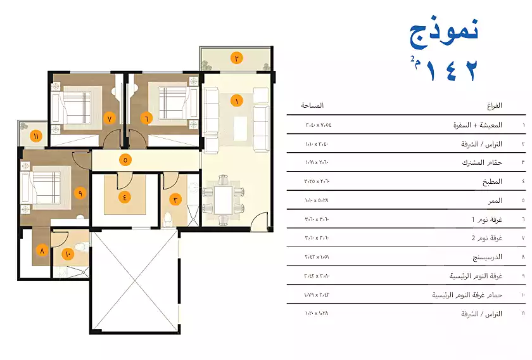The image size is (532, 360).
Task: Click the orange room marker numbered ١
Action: (237, 101)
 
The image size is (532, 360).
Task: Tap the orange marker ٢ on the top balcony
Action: (236, 58)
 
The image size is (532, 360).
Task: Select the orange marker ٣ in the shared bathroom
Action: (176, 199)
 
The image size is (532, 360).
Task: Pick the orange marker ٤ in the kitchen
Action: (125, 196)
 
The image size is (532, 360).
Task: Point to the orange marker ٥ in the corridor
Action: (125, 160)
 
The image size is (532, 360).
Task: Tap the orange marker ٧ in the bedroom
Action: (109, 119)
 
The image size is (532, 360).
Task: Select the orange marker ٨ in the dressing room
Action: (42, 250)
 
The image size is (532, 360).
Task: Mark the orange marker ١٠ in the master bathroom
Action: (68, 254)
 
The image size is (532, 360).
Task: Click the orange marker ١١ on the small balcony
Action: (36, 136)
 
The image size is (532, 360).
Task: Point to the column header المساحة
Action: (312, 105)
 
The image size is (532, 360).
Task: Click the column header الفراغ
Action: (494, 105)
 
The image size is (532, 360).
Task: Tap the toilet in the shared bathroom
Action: (168, 219)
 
